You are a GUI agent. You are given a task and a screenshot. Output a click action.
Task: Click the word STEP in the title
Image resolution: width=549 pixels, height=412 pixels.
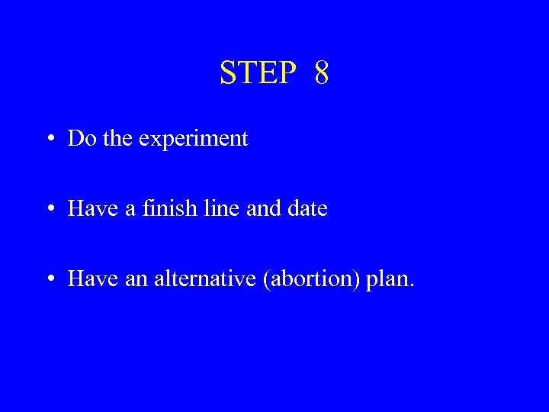(257, 73)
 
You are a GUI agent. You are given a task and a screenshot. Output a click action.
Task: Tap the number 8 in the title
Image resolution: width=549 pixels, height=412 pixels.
(321, 73)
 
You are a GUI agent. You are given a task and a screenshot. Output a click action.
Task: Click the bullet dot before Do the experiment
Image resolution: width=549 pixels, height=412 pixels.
(49, 139)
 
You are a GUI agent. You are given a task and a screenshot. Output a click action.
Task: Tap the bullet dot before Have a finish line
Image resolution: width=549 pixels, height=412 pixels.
(49, 209)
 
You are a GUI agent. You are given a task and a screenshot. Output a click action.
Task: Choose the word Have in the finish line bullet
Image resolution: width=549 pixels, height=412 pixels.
(88, 208)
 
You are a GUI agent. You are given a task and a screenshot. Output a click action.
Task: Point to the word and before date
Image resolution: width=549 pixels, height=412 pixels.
(258, 208)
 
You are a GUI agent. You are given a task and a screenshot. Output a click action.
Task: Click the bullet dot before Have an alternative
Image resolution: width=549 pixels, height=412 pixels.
(49, 279)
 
